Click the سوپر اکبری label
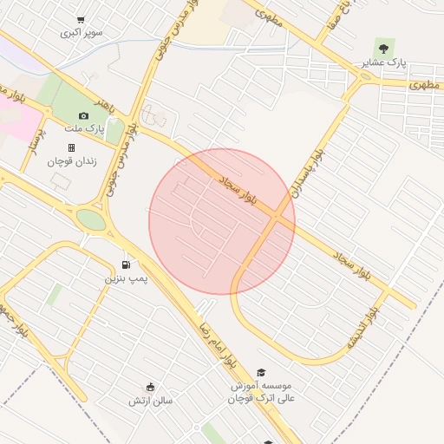pos(81,33)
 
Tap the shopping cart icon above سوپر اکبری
pos(81,20)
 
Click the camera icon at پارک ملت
pos(83,115)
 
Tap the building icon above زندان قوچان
pos(71,148)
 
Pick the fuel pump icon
pos(127,264)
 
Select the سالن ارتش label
pos(151,400)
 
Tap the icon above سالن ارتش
pos(151,387)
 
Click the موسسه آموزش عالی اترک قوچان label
pos(261,391)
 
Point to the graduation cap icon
pos(261,372)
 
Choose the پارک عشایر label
pos(383,62)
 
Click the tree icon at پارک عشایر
pos(383,49)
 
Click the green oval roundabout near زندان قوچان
pos(90,219)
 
